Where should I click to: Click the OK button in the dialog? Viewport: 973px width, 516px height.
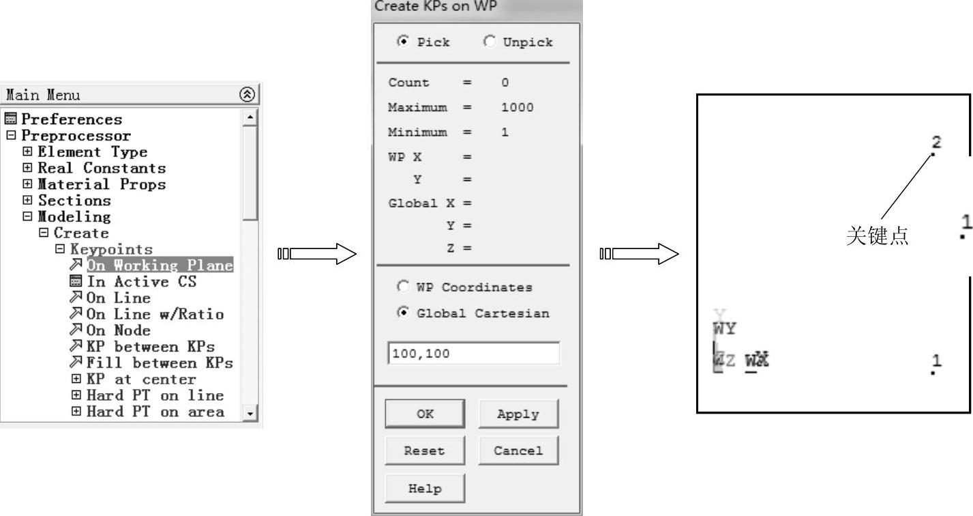pyautogui.click(x=425, y=414)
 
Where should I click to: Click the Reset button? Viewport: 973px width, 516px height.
pyautogui.click(x=425, y=450)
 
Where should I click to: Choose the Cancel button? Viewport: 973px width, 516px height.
pyautogui.click(x=518, y=450)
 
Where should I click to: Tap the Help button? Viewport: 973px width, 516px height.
pyautogui.click(x=425, y=488)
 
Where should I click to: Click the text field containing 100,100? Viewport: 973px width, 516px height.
pyautogui.click(x=473, y=354)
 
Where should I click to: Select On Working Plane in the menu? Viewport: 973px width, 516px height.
pyautogui.click(x=160, y=266)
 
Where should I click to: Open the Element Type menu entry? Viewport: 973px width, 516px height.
pyautogui.click(x=92, y=152)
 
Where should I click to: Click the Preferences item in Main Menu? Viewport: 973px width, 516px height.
pyautogui.click(x=72, y=119)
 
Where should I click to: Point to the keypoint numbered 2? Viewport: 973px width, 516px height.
pyautogui.click(x=933, y=154)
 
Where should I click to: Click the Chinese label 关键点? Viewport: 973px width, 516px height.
pyautogui.click(x=877, y=236)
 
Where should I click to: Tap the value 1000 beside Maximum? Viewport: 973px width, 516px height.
pyautogui.click(x=517, y=107)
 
